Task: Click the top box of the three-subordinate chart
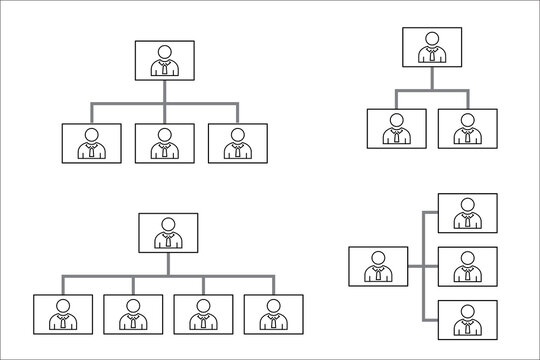point(165,60)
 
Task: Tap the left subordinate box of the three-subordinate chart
point(91,143)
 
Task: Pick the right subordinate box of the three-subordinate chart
point(237,143)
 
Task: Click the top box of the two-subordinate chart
point(432,47)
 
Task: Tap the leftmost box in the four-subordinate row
point(62,314)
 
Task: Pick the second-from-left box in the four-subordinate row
point(133,314)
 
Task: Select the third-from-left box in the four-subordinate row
point(203,314)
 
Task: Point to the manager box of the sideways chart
point(378,267)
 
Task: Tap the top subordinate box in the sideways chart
point(466,214)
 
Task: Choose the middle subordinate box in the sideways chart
point(466,267)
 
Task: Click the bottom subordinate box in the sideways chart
point(466,320)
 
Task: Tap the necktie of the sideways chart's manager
point(378,276)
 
